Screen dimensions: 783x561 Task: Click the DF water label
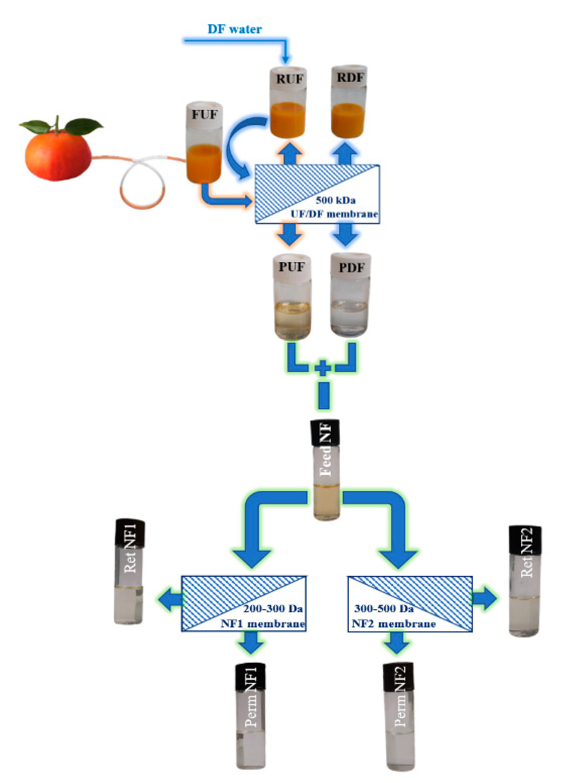234,29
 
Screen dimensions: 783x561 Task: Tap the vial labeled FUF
204,142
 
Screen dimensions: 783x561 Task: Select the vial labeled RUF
288,102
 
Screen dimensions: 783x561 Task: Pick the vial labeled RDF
348,102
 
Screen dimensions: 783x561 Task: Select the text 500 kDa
335,200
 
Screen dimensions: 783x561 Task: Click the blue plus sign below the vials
323,368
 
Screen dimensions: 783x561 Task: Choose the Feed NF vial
326,470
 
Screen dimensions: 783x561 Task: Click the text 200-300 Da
273,609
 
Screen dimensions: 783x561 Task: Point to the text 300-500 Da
383,609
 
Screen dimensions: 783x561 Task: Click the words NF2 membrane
393,624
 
